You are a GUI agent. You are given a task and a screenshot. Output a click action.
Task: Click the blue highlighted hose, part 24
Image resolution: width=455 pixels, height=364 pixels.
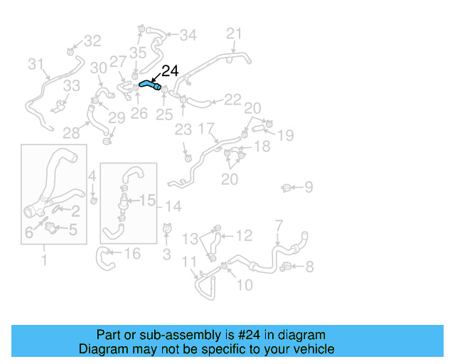click(x=149, y=84)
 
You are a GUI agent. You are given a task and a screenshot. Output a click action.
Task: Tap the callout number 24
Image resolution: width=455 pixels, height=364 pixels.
click(x=171, y=71)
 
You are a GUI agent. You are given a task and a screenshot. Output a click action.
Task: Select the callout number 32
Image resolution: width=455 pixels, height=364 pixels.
click(x=93, y=41)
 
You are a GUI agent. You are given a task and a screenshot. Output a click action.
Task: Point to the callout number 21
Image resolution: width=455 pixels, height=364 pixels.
click(x=235, y=33)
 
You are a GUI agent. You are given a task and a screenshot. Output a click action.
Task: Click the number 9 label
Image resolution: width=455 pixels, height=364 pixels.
click(x=309, y=187)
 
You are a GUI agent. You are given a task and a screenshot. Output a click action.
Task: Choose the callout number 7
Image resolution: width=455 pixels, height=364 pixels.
click(x=279, y=225)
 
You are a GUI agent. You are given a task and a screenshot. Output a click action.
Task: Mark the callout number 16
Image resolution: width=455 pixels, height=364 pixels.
click(x=132, y=254)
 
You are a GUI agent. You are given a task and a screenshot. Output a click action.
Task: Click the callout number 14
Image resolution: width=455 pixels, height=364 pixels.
click(x=173, y=206)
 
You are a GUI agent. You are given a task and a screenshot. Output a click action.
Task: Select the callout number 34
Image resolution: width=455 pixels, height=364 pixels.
click(x=188, y=35)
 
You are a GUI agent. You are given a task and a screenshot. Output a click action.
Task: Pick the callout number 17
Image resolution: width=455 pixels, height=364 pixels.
click(x=206, y=129)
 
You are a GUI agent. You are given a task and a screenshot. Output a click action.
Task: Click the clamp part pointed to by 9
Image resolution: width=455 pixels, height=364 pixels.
click(x=287, y=188)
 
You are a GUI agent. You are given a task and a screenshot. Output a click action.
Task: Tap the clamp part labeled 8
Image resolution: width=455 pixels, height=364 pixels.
click(x=287, y=267)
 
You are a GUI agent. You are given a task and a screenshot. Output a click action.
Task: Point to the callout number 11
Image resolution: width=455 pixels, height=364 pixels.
click(x=189, y=262)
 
